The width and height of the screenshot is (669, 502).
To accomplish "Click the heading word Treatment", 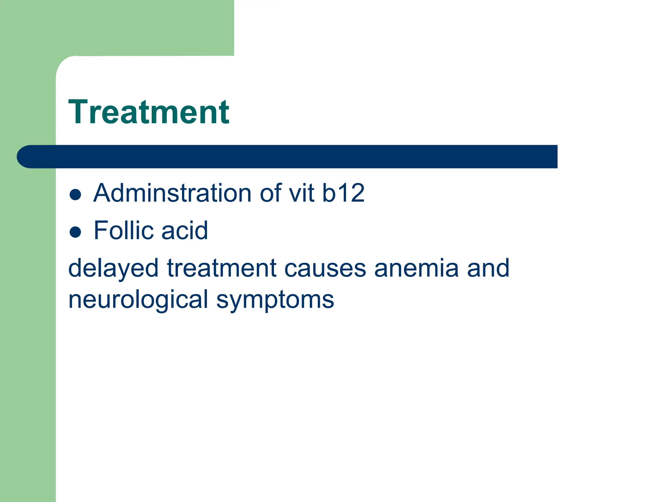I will coord(149,112).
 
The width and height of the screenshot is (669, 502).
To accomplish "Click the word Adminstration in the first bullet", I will coord(172,193).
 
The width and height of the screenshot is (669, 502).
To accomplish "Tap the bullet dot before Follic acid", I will coord(75,232).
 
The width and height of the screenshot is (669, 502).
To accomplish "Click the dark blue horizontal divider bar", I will coord(294,157).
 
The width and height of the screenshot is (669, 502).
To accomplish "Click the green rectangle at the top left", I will coord(131,26).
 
